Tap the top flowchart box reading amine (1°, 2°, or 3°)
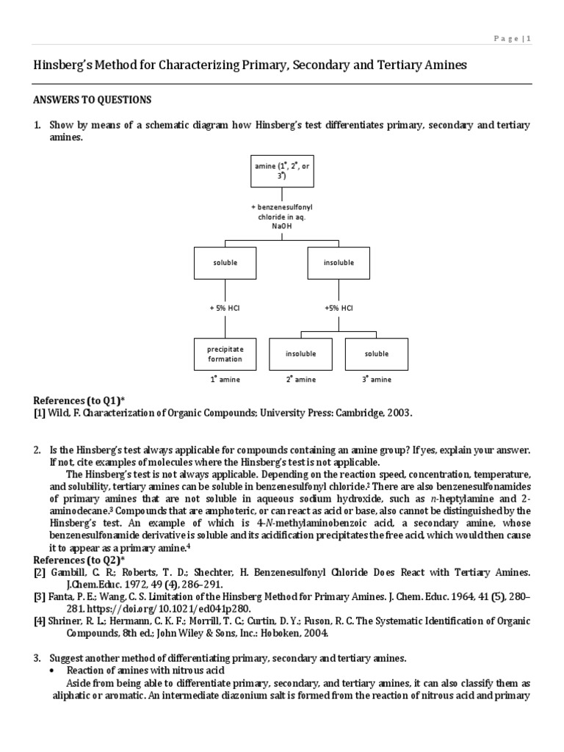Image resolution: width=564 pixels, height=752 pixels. point(282,171)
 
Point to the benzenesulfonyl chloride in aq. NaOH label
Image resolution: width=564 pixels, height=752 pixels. point(282,217)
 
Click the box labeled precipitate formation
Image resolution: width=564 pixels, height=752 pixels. point(225,354)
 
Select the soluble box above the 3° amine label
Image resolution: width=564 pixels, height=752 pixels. point(377,354)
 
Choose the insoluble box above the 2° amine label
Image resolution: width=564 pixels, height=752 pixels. point(301,354)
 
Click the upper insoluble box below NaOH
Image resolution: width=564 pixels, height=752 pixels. point(339,263)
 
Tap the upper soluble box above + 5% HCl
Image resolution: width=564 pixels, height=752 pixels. point(225,263)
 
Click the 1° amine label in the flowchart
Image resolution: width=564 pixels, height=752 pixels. point(225,380)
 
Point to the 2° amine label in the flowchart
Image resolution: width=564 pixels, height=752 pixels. point(301,380)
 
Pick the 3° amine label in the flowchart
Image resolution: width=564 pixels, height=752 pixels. point(377,380)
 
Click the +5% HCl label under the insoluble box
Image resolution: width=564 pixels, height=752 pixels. point(339,308)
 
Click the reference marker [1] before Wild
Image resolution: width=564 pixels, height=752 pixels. point(40,413)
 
